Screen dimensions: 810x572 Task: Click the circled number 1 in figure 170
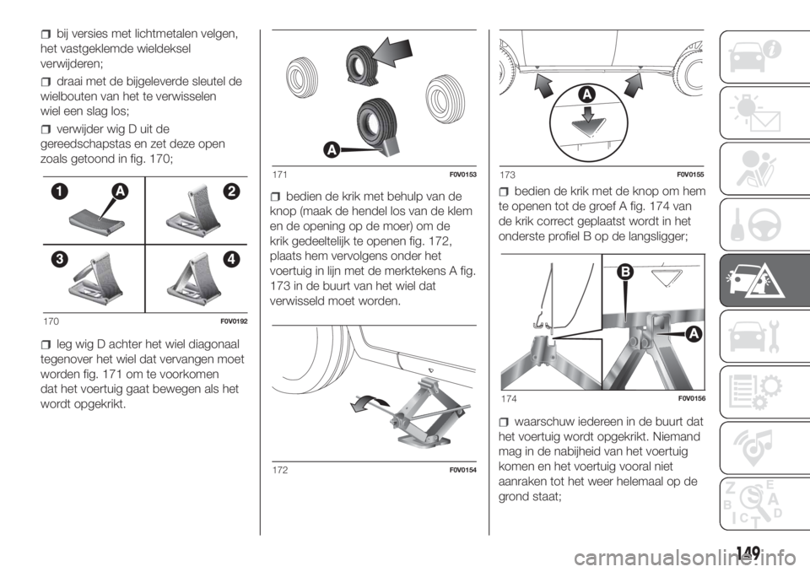[x=59, y=192]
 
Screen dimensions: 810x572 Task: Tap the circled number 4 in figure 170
[x=231, y=258]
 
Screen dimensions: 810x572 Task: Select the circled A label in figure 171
[x=332, y=150]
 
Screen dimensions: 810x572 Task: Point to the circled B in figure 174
[x=625, y=272]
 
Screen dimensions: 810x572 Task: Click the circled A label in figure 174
[x=694, y=334]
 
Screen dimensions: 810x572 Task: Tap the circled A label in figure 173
[x=587, y=94]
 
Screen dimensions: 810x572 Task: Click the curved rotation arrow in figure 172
[x=370, y=402]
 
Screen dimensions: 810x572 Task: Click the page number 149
[x=749, y=553]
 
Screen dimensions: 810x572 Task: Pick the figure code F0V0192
[x=234, y=321]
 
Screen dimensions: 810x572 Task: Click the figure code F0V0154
[x=463, y=470]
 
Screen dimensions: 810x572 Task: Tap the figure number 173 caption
[x=507, y=175]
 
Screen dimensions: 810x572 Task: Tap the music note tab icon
[x=754, y=448]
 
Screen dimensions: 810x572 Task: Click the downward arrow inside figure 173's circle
[x=588, y=114]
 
